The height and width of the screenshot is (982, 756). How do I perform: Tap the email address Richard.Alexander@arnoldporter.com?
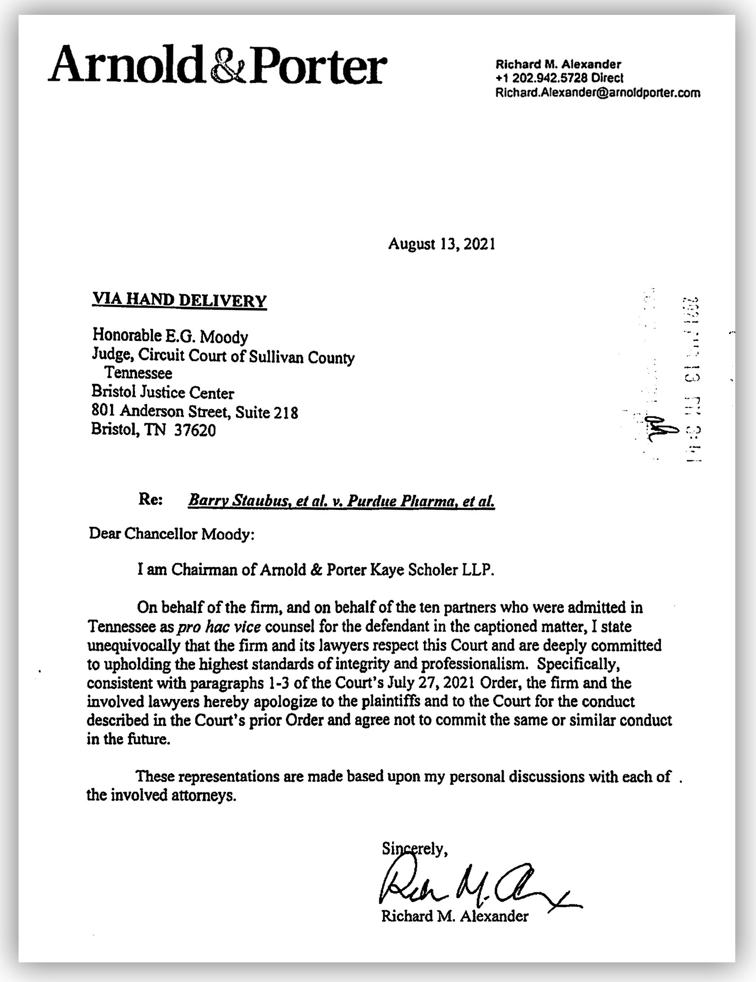pyautogui.click(x=597, y=92)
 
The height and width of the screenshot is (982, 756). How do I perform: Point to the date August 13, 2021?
pyautogui.click(x=441, y=244)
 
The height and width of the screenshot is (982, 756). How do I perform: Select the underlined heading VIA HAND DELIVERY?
pyautogui.click(x=179, y=300)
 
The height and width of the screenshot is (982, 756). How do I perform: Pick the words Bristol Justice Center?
pyautogui.click(x=163, y=392)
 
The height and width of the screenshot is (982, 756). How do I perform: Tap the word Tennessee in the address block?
pyautogui.click(x=138, y=373)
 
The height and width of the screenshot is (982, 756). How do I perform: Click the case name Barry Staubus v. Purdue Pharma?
pyautogui.click(x=342, y=501)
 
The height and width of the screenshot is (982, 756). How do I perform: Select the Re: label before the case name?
pyautogui.click(x=150, y=500)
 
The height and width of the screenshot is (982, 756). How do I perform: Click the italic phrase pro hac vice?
pyautogui.click(x=219, y=627)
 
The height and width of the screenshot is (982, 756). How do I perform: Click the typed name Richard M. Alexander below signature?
pyautogui.click(x=455, y=916)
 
